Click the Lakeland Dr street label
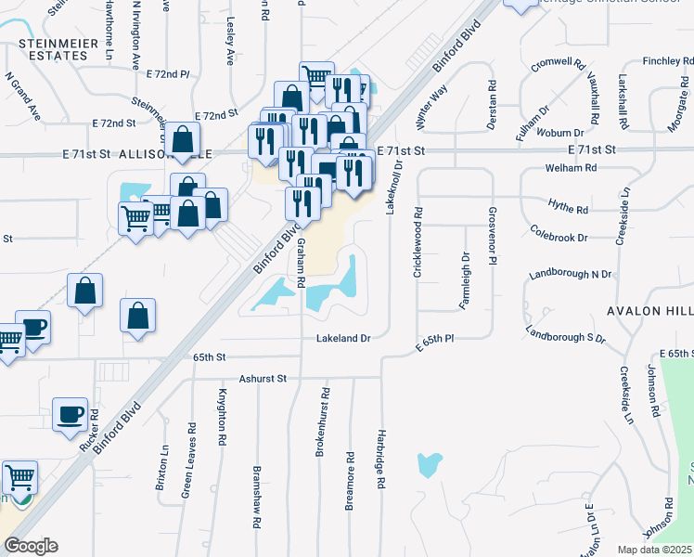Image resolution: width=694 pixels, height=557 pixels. point(343,339)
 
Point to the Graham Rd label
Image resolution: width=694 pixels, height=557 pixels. point(302,262)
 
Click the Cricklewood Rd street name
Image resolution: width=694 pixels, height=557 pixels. point(418,240)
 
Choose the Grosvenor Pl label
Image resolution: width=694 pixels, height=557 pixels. point(494,239)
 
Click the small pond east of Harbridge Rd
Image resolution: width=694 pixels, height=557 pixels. point(429,464)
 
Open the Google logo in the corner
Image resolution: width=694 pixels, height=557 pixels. point(31,546)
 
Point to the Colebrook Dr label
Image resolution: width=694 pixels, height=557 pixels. point(559,232)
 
